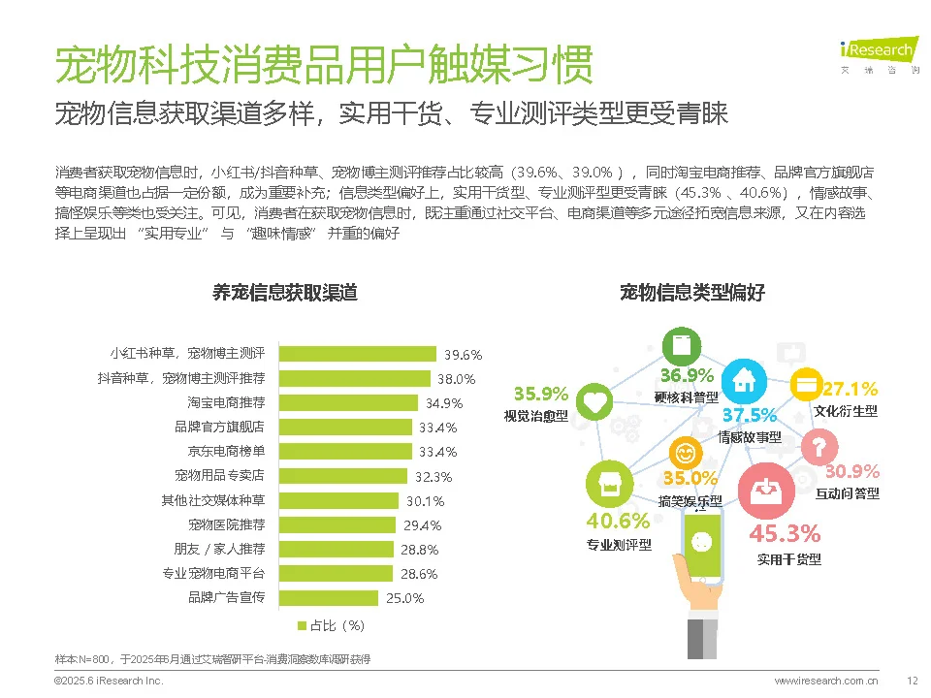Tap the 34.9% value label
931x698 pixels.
point(443,403)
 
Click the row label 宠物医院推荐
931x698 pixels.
point(226,524)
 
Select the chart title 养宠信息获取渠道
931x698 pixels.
point(285,292)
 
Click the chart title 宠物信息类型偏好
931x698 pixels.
point(692,292)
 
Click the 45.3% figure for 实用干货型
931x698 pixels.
point(785,533)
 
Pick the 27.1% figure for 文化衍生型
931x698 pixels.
point(850,390)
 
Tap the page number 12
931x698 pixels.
point(912,682)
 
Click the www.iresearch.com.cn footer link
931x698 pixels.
point(826,682)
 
